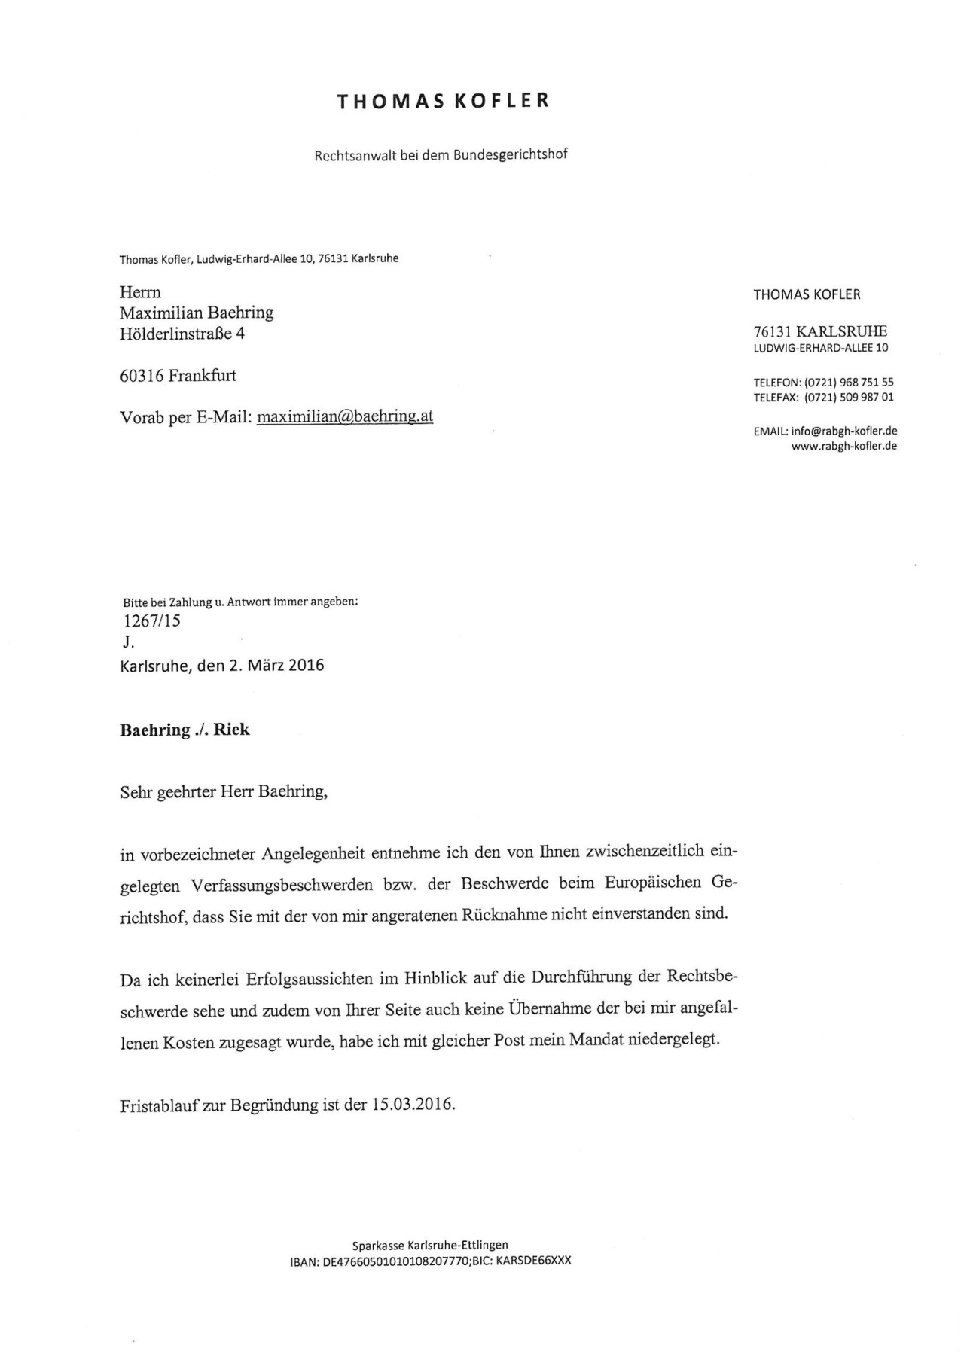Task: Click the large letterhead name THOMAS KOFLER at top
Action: pyautogui.click(x=443, y=102)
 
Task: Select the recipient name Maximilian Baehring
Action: pyautogui.click(x=197, y=313)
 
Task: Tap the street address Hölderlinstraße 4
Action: pyautogui.click(x=182, y=334)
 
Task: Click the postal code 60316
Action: pyautogui.click(x=142, y=376)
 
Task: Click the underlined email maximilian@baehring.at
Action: pyautogui.click(x=345, y=416)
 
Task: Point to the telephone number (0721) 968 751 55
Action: pyautogui.click(x=849, y=383)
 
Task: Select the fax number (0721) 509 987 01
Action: pyautogui.click(x=849, y=398)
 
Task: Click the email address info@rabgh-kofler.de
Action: pyautogui.click(x=843, y=431)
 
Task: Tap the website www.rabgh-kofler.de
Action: pyautogui.click(x=843, y=446)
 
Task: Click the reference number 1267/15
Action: pyautogui.click(x=151, y=621)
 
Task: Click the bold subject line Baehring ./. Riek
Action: pyautogui.click(x=185, y=730)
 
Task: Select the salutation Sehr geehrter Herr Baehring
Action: pyautogui.click(x=224, y=792)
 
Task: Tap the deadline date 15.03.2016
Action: pyautogui.click(x=413, y=1105)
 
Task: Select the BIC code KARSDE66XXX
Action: pyautogui.click(x=534, y=1261)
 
